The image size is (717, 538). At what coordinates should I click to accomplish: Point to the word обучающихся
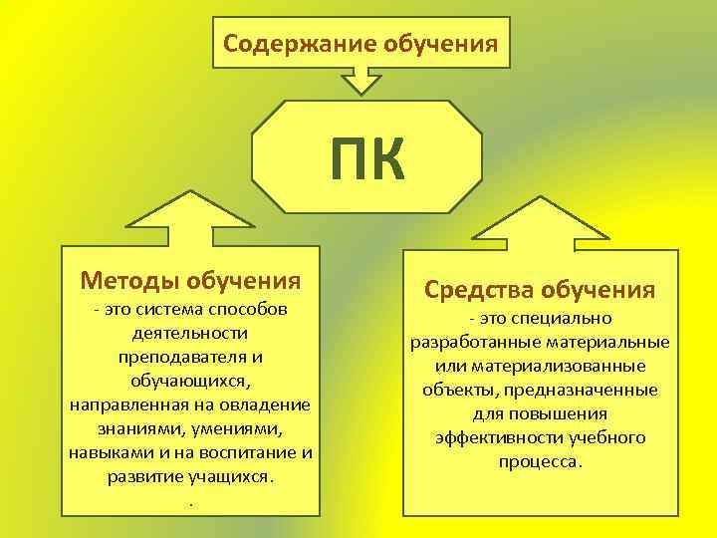pos(187,381)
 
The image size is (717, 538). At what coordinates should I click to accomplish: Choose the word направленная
pos(129,404)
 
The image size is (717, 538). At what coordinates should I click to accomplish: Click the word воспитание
pos(253,452)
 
